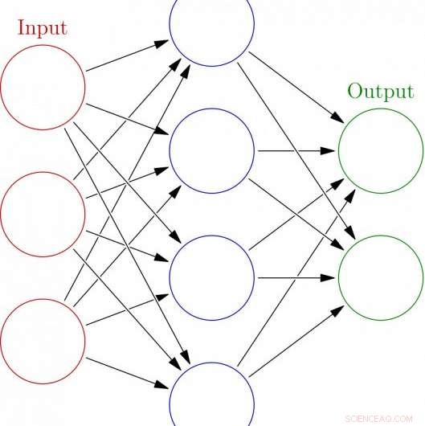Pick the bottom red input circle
[x=43, y=338]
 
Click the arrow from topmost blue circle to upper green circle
[x=294, y=85]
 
